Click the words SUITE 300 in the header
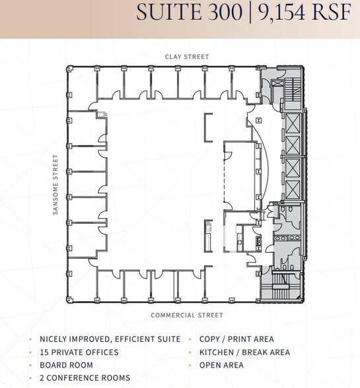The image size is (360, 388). tap(188, 13)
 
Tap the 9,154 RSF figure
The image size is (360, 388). tap(304, 13)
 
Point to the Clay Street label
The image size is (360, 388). tap(187, 57)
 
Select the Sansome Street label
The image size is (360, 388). tap(57, 185)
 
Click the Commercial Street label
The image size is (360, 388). tap(187, 315)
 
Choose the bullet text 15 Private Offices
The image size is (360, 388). tap(79, 352)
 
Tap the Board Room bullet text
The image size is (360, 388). tap(66, 365)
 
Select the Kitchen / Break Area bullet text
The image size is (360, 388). tap(244, 352)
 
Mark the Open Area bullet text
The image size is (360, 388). tap(221, 365)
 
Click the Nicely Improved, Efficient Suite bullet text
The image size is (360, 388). tap(110, 339)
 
